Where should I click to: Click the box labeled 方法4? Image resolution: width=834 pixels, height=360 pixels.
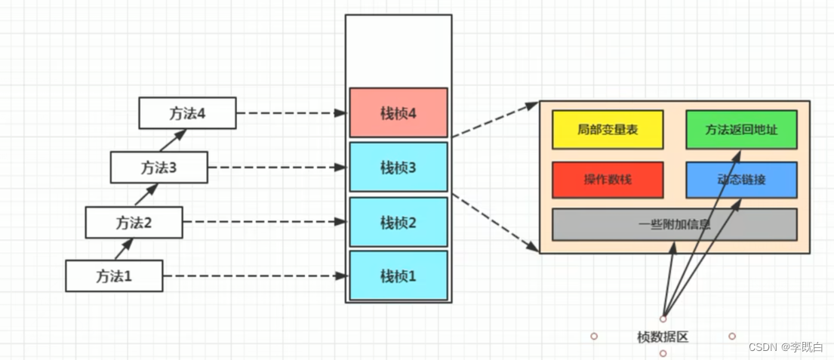187,113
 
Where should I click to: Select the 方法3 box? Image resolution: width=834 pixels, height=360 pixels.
158,167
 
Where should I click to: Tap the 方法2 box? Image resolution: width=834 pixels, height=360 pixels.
134,223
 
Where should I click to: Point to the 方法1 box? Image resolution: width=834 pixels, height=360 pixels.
114,275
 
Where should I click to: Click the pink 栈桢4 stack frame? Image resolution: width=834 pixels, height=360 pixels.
398,113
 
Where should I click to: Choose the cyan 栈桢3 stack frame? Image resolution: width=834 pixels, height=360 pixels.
398,167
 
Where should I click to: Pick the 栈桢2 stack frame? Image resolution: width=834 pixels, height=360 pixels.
398,222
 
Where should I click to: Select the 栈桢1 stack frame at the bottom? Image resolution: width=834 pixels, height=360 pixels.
398,275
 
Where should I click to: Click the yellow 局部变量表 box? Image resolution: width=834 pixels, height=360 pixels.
608,130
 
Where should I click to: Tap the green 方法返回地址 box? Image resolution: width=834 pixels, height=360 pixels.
741,130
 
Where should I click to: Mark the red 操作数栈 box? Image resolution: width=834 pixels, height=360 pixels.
608,180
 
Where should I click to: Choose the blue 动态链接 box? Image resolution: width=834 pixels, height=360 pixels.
741,180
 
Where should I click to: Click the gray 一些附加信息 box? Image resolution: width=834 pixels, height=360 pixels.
674,224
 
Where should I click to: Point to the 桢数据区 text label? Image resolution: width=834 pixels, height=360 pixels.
663,337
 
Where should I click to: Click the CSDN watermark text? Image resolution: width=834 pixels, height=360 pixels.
785,346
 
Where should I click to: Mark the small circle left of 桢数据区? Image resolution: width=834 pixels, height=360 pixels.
594,336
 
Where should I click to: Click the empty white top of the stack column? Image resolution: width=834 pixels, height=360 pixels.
398,49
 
